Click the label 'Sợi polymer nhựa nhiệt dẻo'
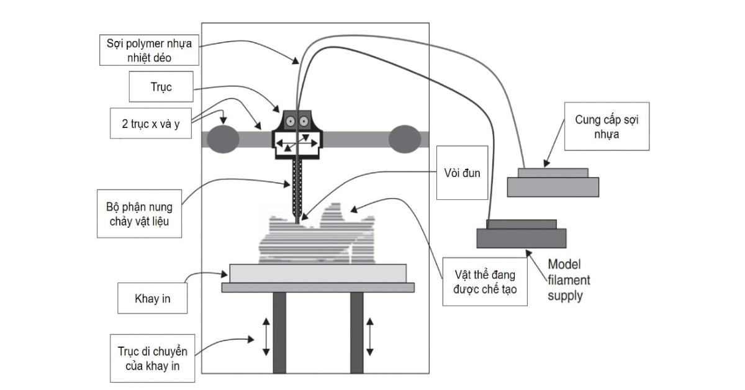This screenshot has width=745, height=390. (149, 50)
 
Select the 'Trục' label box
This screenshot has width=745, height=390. (161, 87)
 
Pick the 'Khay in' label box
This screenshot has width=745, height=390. (152, 299)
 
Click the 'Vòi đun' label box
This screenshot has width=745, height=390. (462, 173)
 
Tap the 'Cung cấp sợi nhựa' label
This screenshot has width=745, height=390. (607, 127)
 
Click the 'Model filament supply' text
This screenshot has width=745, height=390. (568, 280)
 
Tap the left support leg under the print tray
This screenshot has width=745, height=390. (279, 332)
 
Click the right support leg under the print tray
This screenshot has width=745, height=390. (356, 332)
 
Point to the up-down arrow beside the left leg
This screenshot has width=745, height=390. (266, 337)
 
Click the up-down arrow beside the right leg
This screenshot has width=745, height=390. (371, 337)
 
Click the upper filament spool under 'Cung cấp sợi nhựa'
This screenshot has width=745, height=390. (553, 183)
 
